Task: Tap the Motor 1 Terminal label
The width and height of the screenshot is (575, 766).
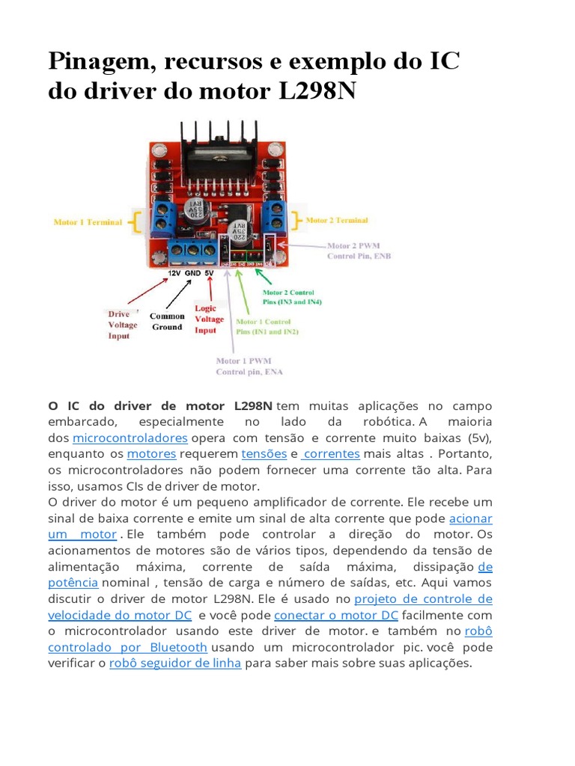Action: click(x=88, y=222)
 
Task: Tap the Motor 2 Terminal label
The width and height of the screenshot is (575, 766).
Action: click(x=337, y=221)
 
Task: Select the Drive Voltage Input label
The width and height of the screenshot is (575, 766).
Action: click(x=123, y=325)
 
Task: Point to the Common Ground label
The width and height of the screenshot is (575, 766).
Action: click(x=167, y=322)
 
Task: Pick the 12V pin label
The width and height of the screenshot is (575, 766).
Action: click(x=174, y=275)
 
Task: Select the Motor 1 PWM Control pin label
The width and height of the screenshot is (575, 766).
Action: click(x=249, y=366)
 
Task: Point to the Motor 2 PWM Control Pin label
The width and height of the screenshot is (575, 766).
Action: click(x=359, y=251)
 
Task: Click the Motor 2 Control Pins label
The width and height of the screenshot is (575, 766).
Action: click(x=287, y=297)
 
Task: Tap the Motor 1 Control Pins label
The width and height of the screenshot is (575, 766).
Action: click(x=267, y=325)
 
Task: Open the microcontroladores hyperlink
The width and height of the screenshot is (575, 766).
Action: click(x=130, y=438)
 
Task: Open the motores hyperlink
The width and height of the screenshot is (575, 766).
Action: click(x=151, y=454)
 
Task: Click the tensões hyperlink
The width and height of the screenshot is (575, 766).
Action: click(x=264, y=454)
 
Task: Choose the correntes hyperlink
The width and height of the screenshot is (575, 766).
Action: click(x=332, y=454)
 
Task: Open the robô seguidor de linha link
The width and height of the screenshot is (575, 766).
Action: click(x=175, y=664)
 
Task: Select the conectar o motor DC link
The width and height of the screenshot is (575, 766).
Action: click(x=336, y=616)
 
